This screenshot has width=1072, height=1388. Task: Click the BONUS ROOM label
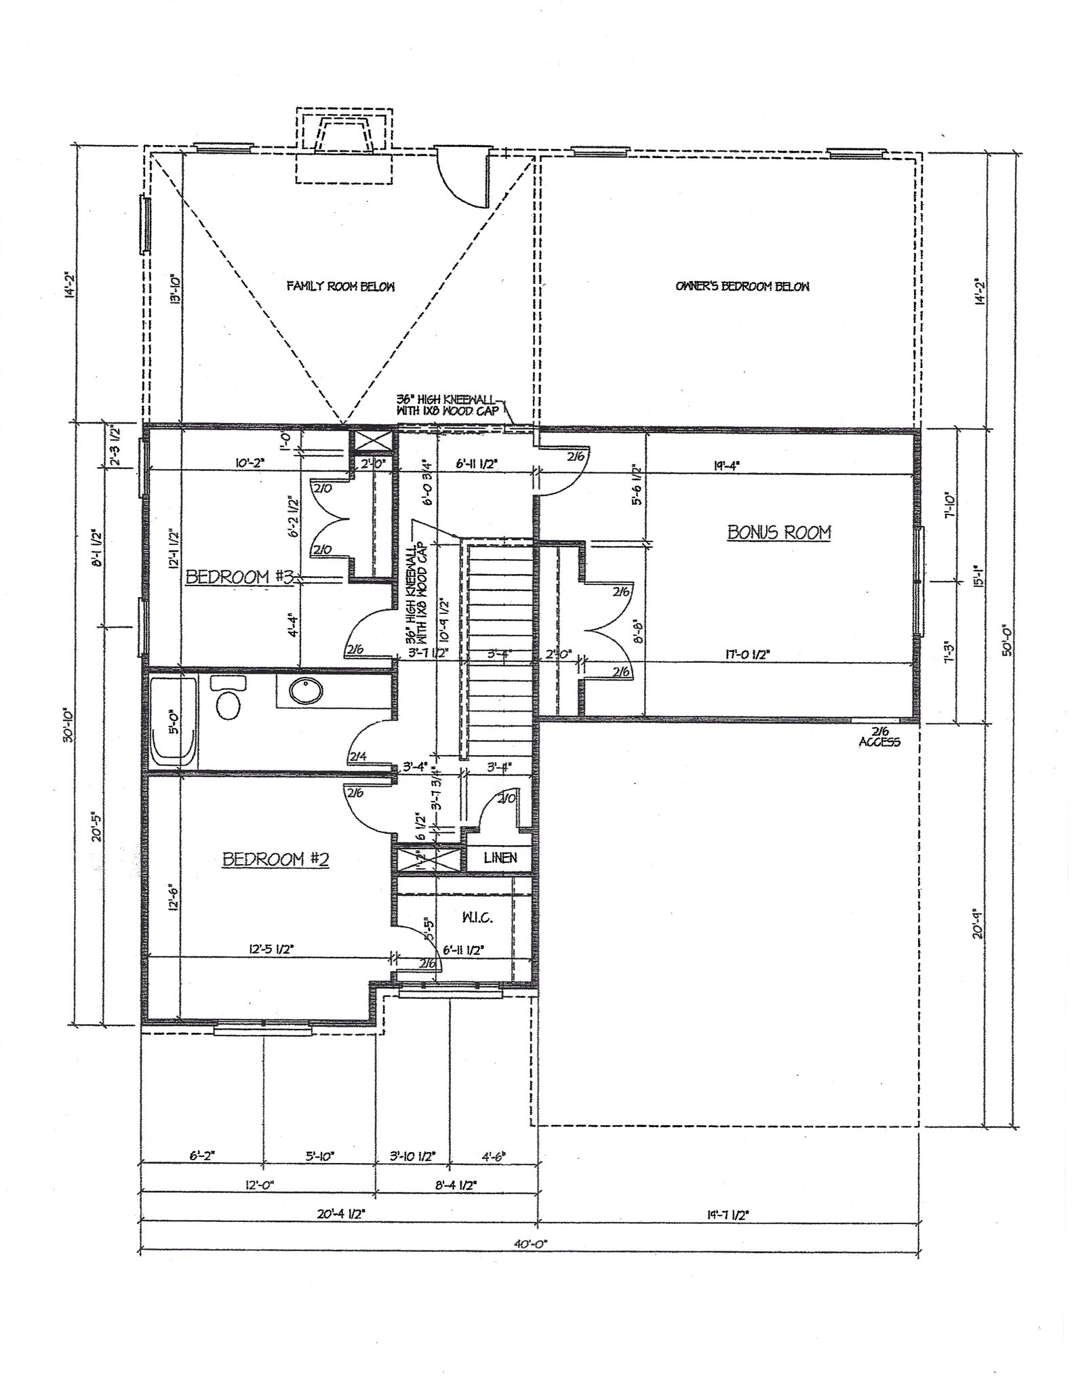coord(779,532)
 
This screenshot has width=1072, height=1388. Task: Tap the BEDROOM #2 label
coord(276,859)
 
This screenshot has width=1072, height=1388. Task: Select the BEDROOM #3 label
coord(239,577)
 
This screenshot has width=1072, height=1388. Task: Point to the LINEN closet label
coord(500,858)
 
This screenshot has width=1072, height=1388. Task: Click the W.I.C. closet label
coord(477,918)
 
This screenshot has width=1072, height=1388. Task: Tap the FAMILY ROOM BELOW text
coord(340,286)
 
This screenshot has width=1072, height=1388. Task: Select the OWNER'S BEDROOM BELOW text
coord(742,286)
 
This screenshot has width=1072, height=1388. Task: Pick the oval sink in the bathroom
coord(306,692)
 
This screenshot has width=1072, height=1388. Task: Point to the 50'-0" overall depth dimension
coord(1006,640)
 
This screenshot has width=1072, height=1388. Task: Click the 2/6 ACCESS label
coord(879,737)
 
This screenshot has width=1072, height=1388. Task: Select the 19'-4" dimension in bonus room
coord(726,466)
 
